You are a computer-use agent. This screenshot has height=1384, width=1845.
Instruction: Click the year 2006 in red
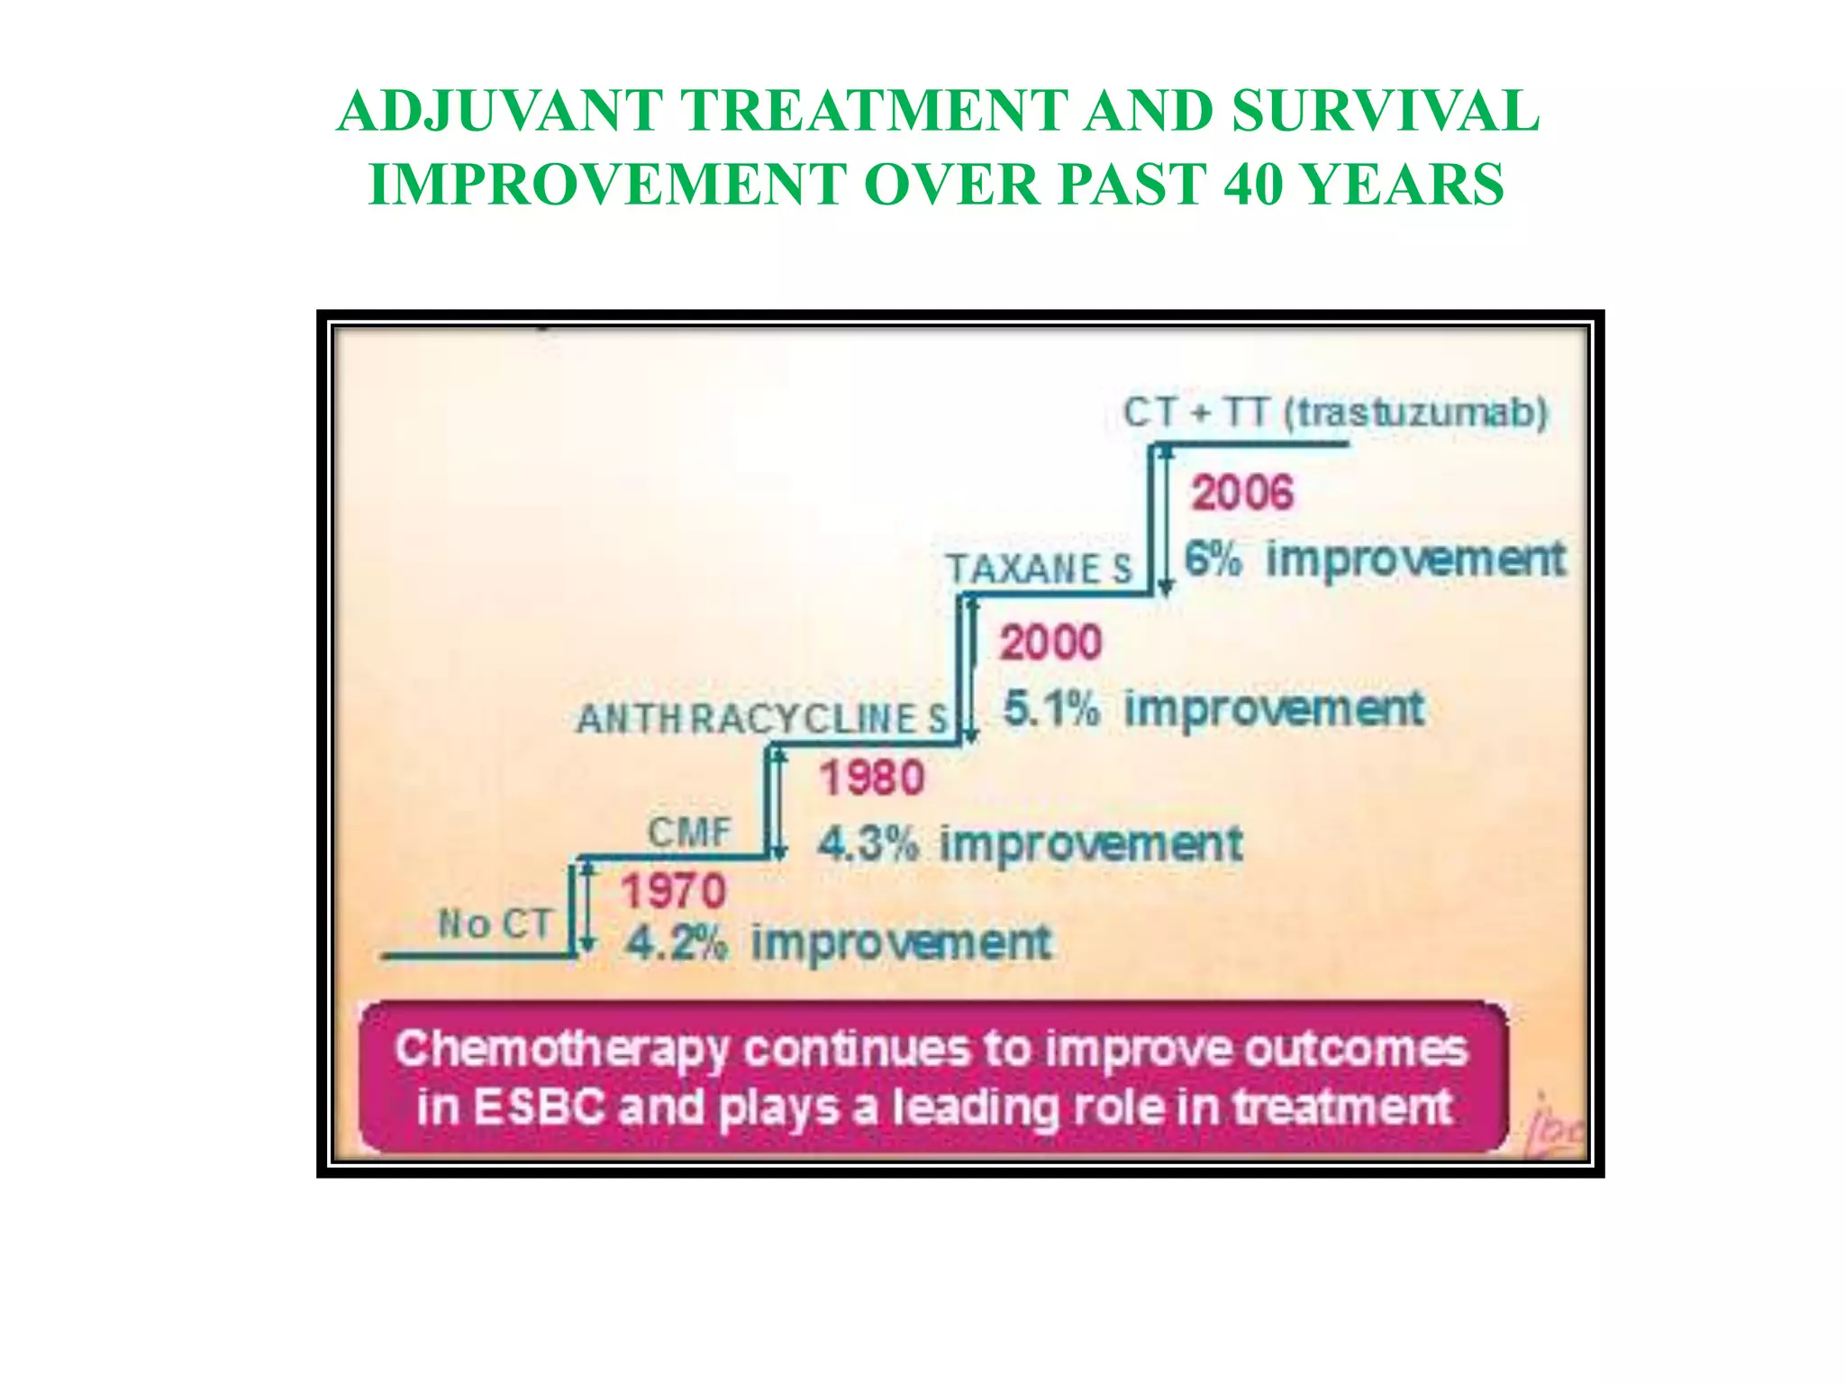1241,493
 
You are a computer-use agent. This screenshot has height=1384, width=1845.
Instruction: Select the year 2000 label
1050,642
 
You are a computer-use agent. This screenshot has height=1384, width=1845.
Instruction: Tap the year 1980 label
872,778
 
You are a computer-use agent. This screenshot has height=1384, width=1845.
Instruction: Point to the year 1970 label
673,892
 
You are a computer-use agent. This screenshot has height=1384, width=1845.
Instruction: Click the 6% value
1213,559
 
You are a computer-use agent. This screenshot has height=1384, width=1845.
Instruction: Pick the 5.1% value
1050,708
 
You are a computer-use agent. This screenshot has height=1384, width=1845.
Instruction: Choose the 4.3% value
868,844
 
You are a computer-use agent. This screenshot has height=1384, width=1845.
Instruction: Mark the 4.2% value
675,943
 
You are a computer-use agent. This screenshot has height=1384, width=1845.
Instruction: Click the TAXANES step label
1038,569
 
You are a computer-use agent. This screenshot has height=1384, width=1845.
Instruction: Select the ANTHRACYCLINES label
762,719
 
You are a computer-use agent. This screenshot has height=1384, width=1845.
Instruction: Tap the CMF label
689,832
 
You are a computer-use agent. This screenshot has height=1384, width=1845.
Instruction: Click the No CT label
494,924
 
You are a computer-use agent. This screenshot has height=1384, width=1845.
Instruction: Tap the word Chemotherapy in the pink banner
560,1050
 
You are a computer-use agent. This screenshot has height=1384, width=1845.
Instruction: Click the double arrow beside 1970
587,906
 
